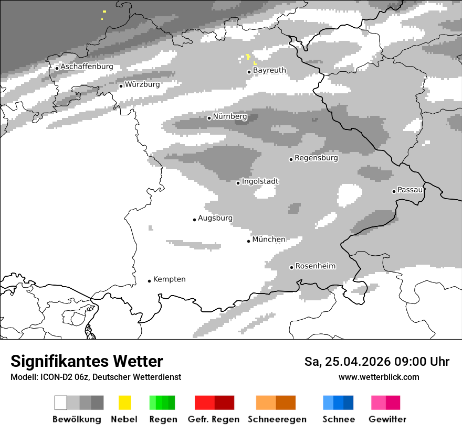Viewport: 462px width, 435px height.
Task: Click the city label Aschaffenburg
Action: tap(87, 67)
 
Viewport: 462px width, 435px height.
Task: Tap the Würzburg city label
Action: tap(142, 84)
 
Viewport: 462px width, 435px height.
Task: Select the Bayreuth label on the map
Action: tap(269, 70)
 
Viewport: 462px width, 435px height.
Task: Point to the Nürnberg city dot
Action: tap(209, 118)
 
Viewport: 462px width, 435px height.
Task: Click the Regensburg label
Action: tap(316, 158)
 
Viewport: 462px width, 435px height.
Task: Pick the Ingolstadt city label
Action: tap(260, 181)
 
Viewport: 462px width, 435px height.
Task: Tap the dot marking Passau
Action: tap(394, 191)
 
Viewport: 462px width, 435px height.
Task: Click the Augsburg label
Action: tap(215, 218)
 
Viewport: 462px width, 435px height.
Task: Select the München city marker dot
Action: tap(249, 241)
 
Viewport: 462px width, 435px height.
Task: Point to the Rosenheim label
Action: tap(315, 266)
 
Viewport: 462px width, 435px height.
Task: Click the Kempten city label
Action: tap(169, 279)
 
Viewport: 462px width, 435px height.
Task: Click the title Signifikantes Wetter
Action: tap(87, 361)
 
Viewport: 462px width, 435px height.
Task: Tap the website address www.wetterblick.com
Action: tap(379, 377)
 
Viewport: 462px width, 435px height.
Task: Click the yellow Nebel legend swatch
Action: tap(124, 403)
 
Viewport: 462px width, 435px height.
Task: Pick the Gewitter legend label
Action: tap(387, 419)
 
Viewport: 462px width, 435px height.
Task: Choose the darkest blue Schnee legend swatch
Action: tap(348, 403)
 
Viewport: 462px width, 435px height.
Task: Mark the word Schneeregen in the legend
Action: tap(277, 419)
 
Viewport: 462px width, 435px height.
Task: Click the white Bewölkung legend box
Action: tap(61, 403)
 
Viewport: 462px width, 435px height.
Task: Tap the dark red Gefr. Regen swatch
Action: tap(224, 403)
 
